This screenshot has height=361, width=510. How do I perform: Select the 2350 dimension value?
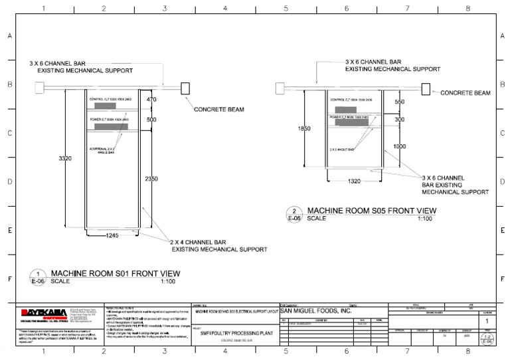[151, 179]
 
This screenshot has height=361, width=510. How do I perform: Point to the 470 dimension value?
[151, 100]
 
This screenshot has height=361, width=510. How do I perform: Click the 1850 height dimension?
[305, 128]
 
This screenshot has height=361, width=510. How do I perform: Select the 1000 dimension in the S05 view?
[400, 146]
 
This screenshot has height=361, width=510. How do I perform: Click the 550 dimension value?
[400, 102]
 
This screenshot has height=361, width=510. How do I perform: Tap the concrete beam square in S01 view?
[185, 88]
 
